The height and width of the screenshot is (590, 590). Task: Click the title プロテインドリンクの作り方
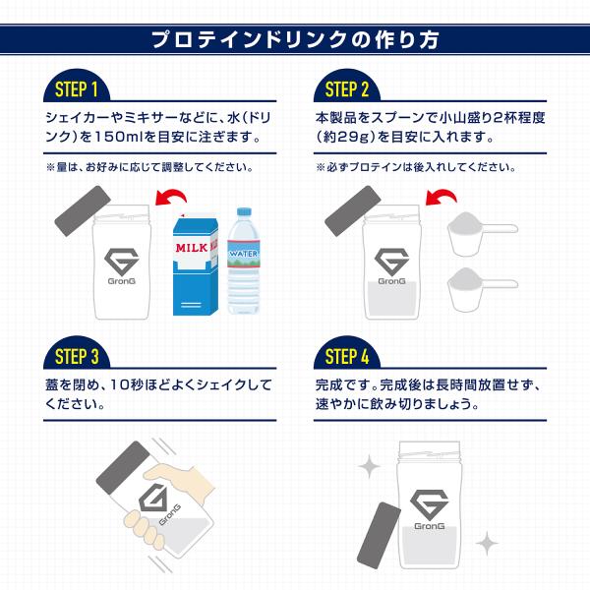[x=295, y=40]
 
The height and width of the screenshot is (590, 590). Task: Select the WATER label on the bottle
[x=242, y=253]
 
